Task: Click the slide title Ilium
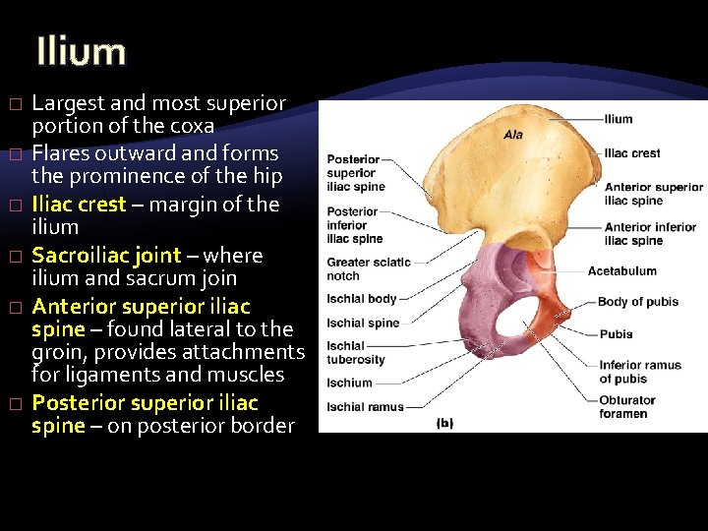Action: tap(81, 52)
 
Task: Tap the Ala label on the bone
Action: tap(513, 135)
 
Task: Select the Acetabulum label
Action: tap(621, 270)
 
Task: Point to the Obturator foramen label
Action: tap(627, 407)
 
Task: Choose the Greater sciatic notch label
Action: tap(368, 268)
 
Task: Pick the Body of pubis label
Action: tap(638, 302)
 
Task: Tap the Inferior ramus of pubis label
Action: tap(640, 372)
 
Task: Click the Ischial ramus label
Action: tap(365, 406)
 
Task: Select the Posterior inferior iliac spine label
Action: tap(354, 225)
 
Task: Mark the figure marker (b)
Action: tap(444, 423)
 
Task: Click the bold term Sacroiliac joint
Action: tap(106, 256)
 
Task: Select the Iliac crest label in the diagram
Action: tap(632, 153)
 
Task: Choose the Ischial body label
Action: tap(362, 299)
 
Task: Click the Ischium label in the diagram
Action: tap(349, 383)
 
